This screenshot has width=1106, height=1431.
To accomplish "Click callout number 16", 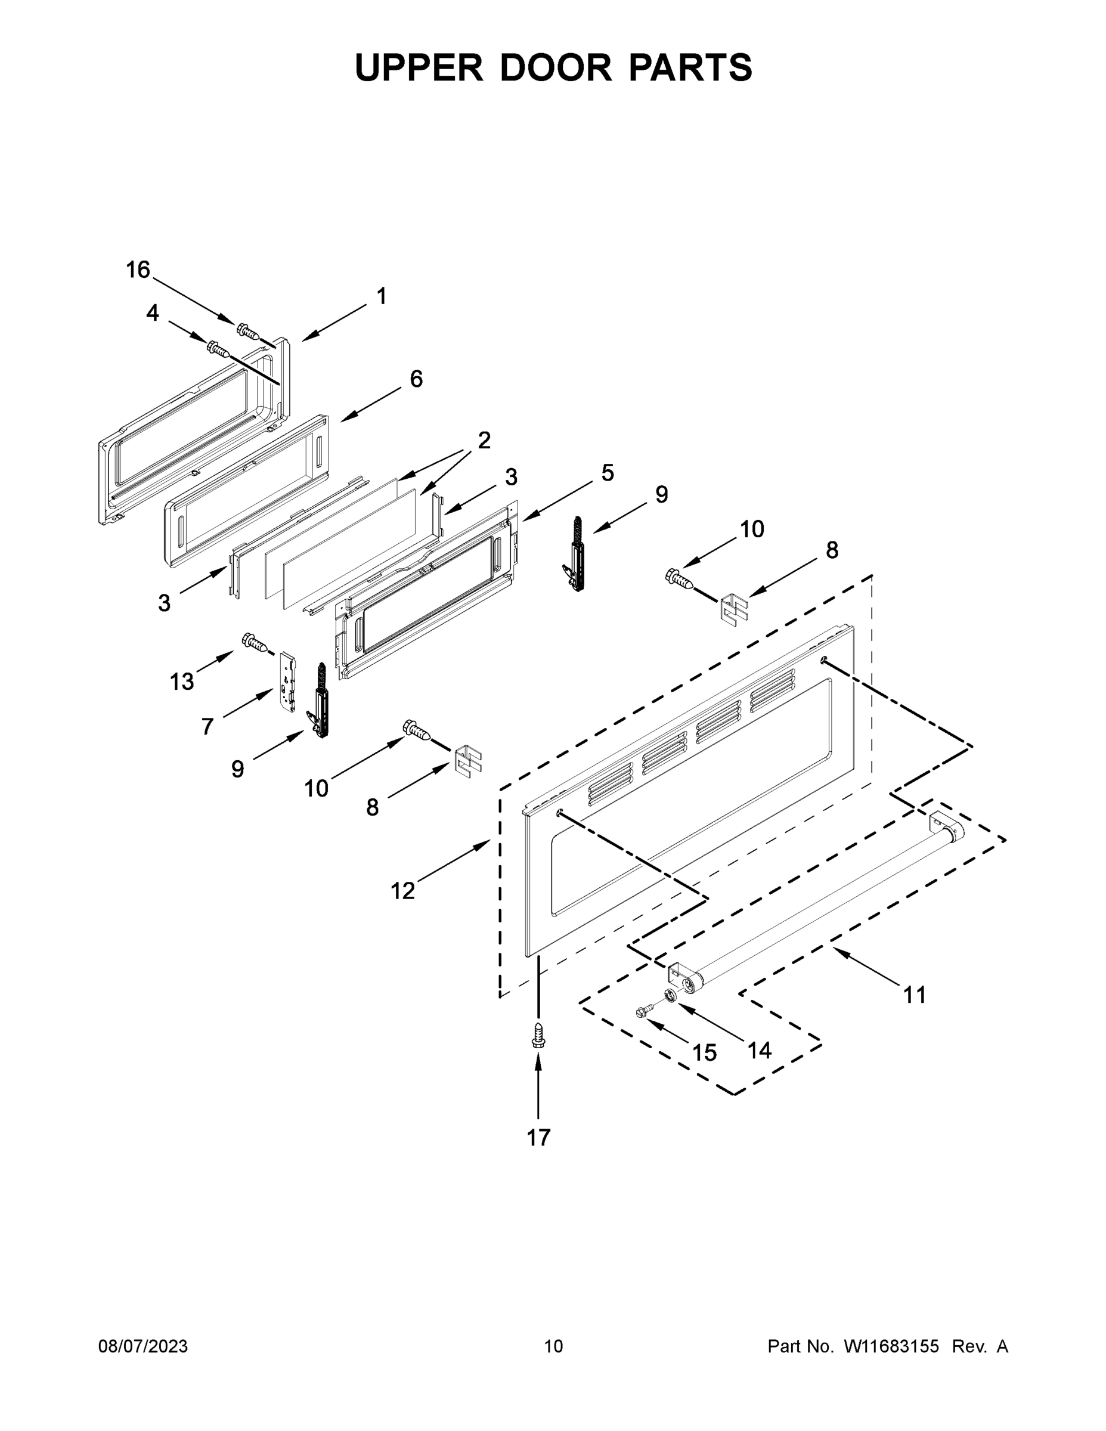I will point(138,270).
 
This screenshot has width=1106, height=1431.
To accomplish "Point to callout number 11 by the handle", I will point(915,995).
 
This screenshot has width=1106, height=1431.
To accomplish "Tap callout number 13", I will point(182,682).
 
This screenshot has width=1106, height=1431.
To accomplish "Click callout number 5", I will point(608,472).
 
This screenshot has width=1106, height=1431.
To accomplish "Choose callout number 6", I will point(416,379).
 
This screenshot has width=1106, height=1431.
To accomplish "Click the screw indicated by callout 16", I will point(247,332).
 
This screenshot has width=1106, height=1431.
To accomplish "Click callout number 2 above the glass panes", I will point(484,440).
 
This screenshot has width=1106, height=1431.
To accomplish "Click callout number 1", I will point(382,297).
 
